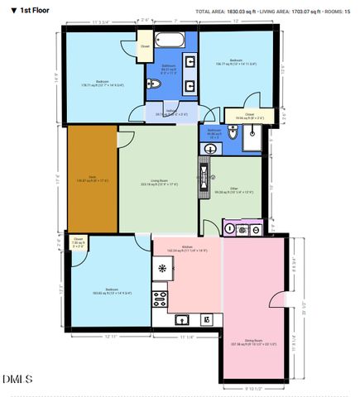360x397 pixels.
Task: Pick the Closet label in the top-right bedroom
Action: [249, 114]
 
